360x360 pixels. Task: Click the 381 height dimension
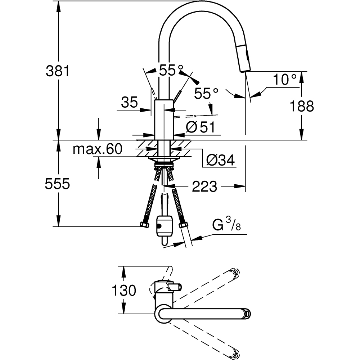click(x=57, y=71)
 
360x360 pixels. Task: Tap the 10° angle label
click(x=284, y=80)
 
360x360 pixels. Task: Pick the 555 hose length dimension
click(x=57, y=184)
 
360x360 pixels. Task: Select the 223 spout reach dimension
click(x=204, y=186)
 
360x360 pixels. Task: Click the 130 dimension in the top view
click(x=123, y=290)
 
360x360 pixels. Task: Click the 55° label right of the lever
click(x=206, y=94)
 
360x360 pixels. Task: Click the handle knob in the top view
click(x=175, y=287)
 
